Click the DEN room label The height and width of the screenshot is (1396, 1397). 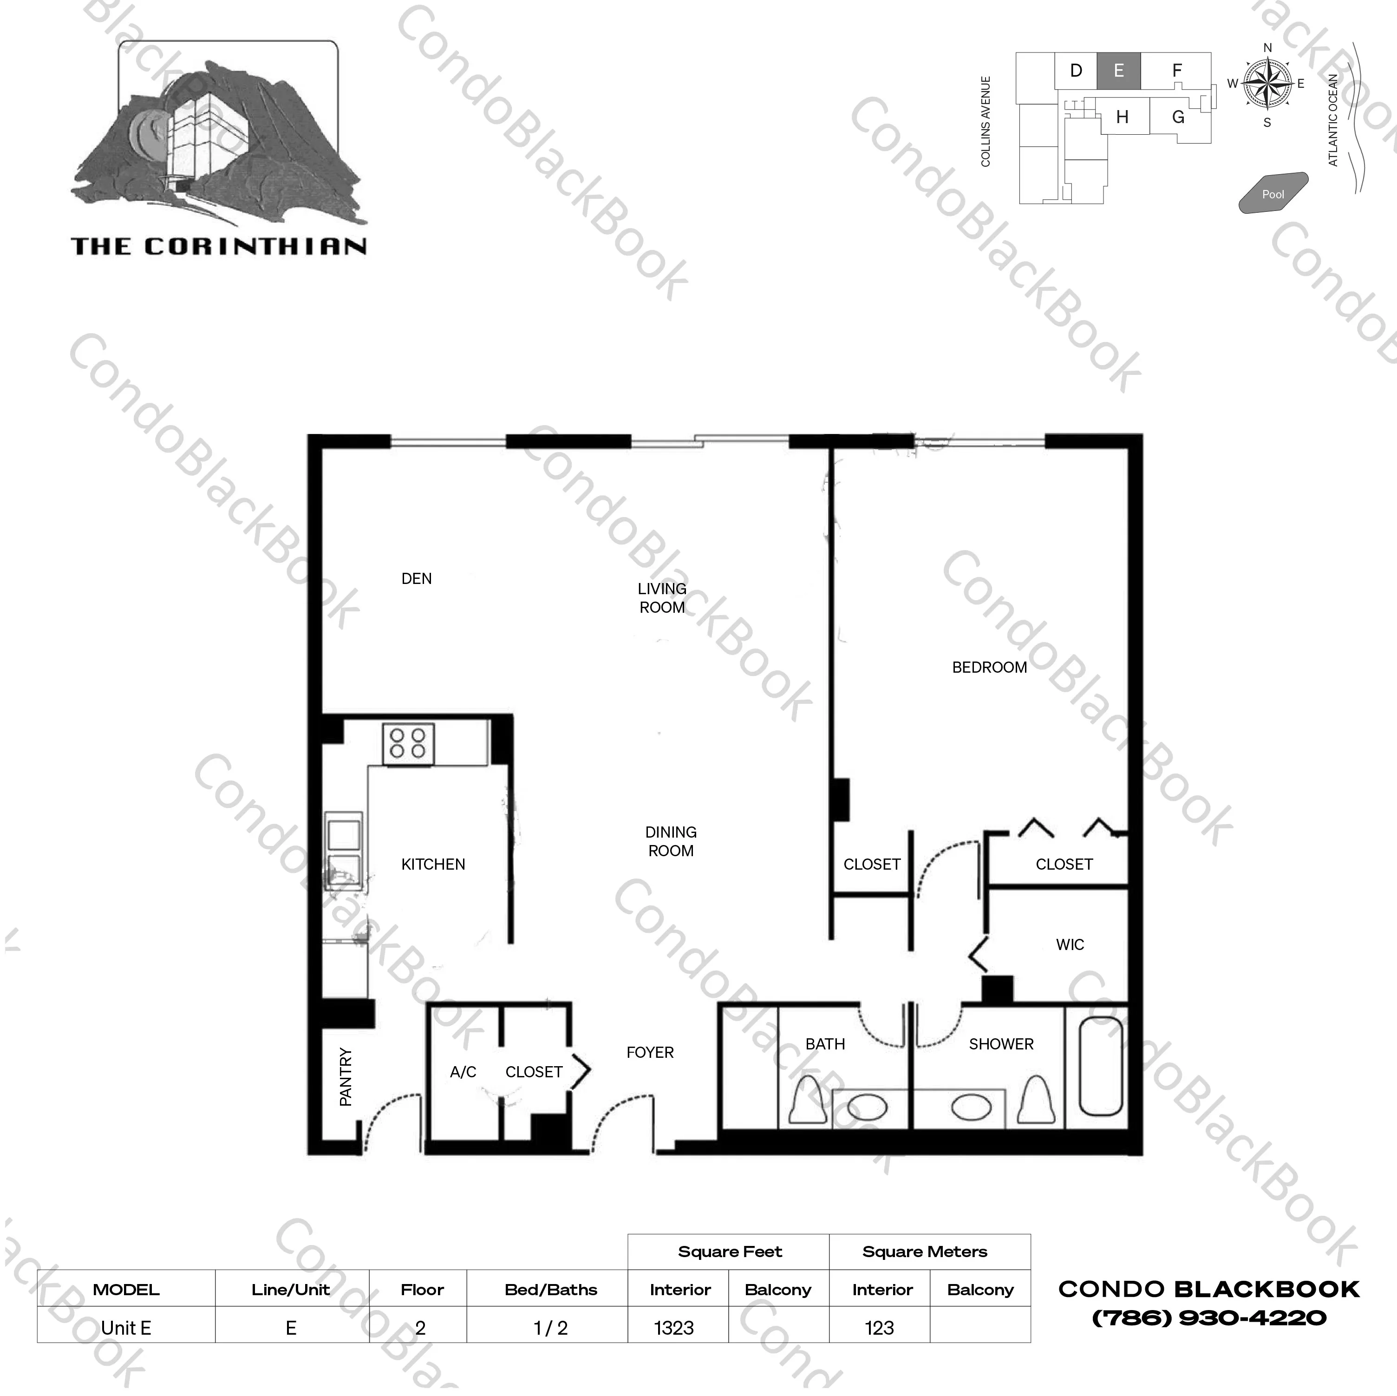[x=417, y=579]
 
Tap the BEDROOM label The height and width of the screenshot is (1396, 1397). [x=989, y=668]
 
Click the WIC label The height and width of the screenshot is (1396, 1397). [x=1070, y=944]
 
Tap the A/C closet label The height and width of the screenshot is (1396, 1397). [x=463, y=1072]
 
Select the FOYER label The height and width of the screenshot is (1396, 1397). [x=650, y=1052]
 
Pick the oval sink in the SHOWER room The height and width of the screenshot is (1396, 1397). [x=971, y=1107]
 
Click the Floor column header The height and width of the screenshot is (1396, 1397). [x=422, y=1290]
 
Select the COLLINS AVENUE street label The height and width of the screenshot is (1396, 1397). [x=986, y=122]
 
